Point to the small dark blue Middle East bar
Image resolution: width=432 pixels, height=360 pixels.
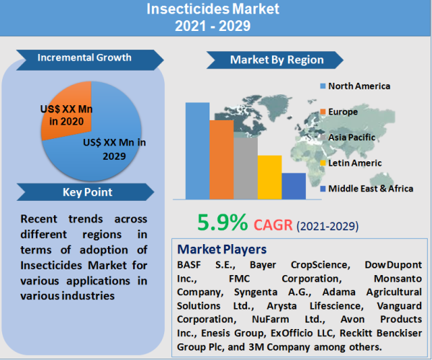point(293,186)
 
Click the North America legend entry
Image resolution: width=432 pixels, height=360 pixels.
point(359,86)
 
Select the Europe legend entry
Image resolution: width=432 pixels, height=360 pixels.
point(343,112)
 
